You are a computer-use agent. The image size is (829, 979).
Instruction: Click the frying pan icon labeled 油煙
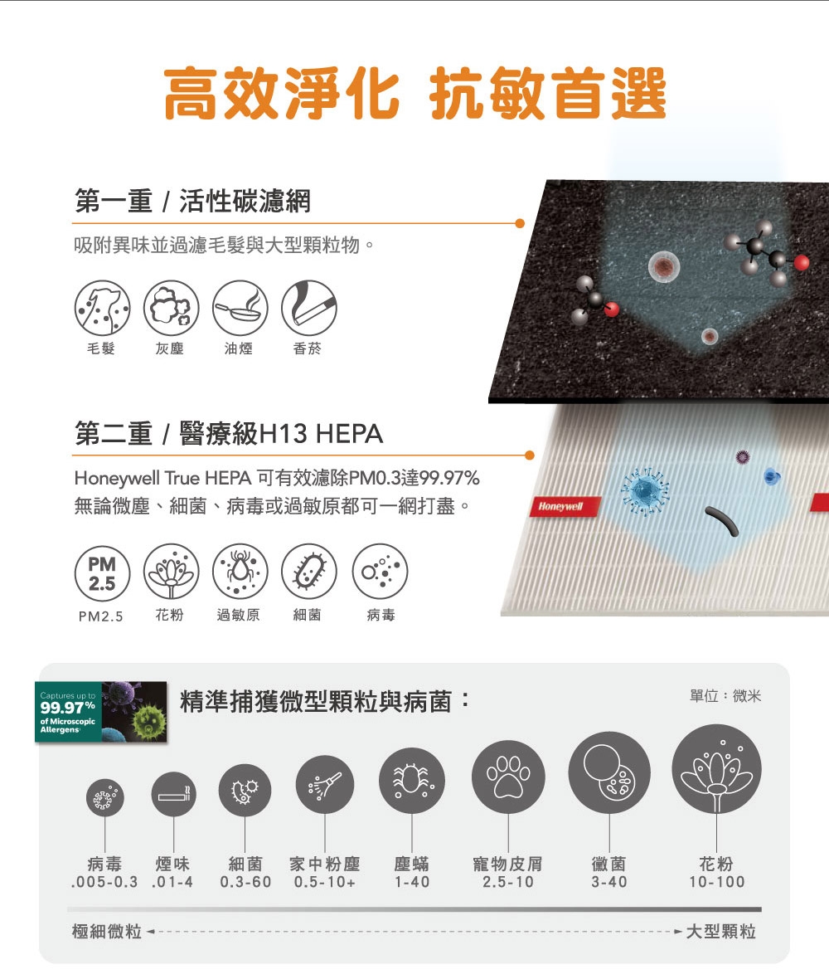tap(240, 308)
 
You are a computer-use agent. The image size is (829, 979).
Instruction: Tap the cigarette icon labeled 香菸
tap(308, 308)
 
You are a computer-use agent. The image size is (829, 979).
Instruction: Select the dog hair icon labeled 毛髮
tap(102, 308)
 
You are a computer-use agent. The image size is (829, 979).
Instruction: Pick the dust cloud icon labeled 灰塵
tap(172, 308)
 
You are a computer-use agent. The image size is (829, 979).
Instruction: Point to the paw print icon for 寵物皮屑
tap(508, 777)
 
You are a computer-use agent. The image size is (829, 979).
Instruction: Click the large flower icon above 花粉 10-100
tap(717, 769)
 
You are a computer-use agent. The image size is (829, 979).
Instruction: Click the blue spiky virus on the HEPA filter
tap(645, 490)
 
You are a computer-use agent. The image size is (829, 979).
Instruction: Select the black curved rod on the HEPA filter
tap(724, 521)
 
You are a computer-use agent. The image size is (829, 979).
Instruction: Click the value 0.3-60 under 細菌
tap(245, 882)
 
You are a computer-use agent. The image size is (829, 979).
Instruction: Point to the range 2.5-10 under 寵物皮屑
tap(508, 882)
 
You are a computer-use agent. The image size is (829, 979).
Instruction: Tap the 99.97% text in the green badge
tap(68, 708)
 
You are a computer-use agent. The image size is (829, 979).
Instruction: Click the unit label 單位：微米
tap(725, 695)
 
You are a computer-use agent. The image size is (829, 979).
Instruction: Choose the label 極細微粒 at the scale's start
tap(107, 932)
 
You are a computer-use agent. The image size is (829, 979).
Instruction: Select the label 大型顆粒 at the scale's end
tap(721, 932)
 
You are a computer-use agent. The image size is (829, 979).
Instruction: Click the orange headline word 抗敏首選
tap(548, 94)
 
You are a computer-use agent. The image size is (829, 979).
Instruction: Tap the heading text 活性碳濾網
tap(245, 201)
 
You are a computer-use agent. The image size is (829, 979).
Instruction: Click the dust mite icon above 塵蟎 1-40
tap(412, 781)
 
